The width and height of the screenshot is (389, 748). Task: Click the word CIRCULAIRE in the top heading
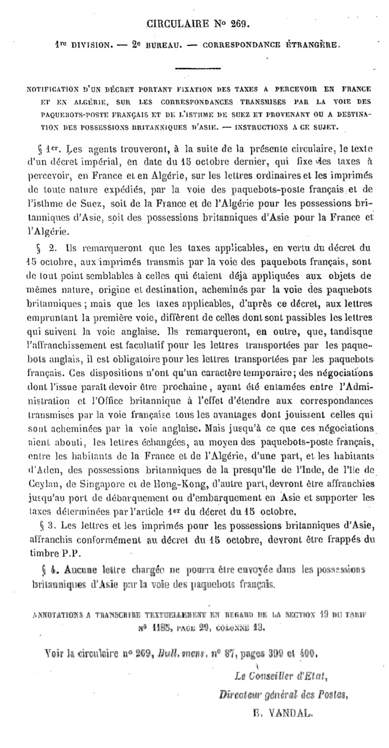pyautogui.click(x=177, y=22)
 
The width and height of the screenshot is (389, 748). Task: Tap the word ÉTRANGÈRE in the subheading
pyautogui.click(x=311, y=46)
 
